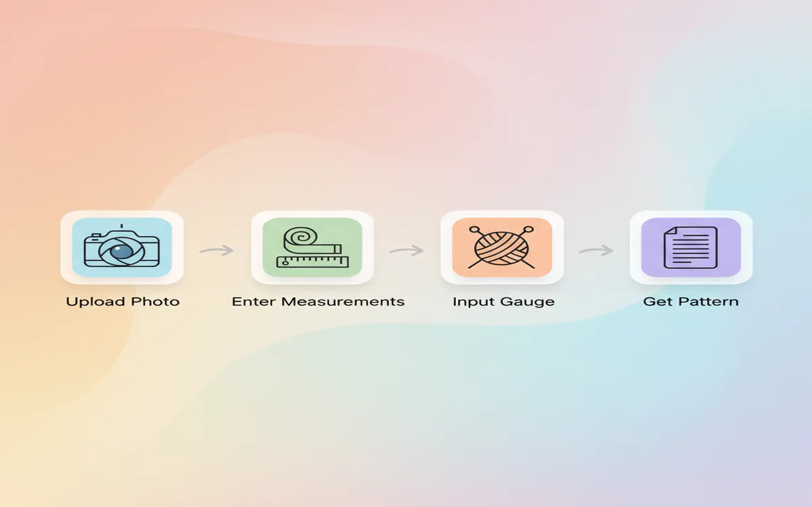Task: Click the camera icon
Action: (x=122, y=247)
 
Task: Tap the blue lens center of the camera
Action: (x=122, y=251)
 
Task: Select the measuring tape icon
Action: (x=312, y=247)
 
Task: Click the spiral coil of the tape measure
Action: (x=298, y=239)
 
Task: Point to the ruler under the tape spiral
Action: (x=312, y=260)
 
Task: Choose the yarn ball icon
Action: (x=501, y=247)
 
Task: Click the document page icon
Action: (x=690, y=247)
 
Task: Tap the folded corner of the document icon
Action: (x=671, y=232)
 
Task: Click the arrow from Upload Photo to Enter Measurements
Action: (x=217, y=251)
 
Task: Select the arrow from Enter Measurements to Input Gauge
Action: (x=406, y=251)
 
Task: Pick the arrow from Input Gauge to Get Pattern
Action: (x=596, y=251)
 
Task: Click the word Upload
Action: (x=93, y=301)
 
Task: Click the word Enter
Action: (x=253, y=301)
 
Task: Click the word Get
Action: (x=658, y=301)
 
